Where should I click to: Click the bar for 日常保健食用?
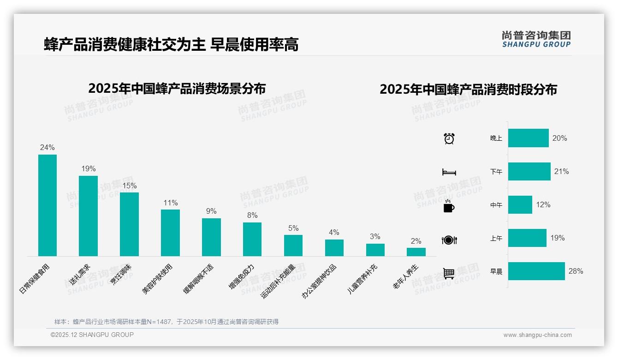[47, 205]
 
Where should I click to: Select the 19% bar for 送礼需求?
[88, 216]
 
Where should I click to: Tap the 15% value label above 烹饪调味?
[129, 186]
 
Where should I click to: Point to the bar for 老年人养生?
[416, 252]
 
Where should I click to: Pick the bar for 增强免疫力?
[252, 239]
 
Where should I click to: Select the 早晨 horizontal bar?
[536, 271]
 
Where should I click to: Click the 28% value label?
[576, 271]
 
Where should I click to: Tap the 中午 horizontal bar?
[520, 205]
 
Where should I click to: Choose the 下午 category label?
[496, 172]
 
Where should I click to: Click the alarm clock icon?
[449, 138]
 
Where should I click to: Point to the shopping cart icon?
[449, 273]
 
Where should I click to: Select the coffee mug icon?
[449, 206]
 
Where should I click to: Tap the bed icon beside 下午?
[449, 172]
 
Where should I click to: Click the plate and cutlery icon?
[449, 240]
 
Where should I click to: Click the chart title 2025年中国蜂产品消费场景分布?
[177, 88]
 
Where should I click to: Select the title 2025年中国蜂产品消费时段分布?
[468, 90]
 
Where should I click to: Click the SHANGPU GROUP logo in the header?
[536, 39]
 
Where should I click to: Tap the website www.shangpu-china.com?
[537, 335]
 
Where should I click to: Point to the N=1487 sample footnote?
[166, 322]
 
